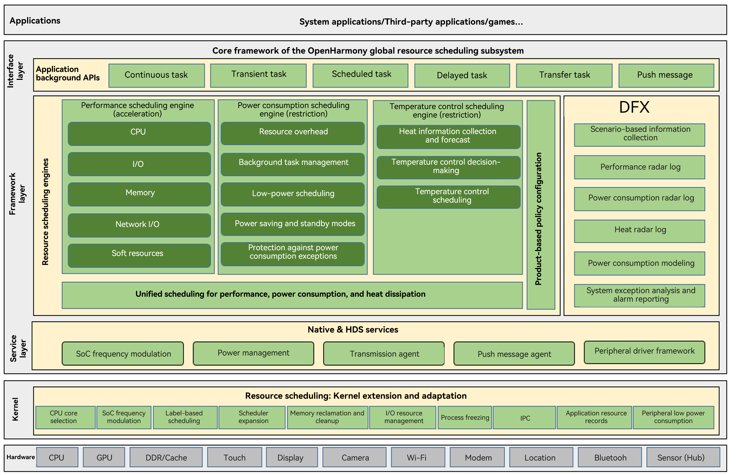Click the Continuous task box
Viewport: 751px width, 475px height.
[x=157, y=75]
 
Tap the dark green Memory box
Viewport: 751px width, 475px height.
[x=139, y=194]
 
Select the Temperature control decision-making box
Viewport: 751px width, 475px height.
[x=448, y=167]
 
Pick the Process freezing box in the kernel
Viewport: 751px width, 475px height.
[x=465, y=417]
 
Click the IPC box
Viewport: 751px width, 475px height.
[x=525, y=418]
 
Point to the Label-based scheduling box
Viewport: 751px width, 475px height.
[x=185, y=417]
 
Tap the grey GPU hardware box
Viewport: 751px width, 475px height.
[x=104, y=457]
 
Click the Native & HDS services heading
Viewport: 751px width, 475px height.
[x=353, y=330]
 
